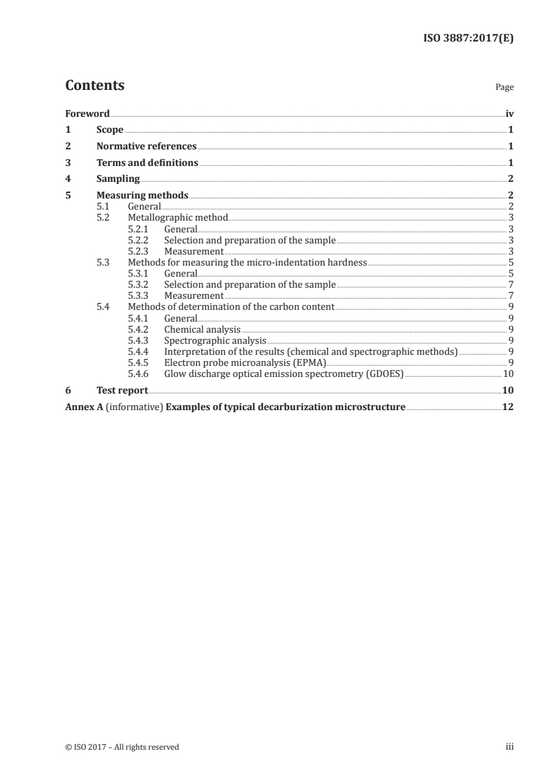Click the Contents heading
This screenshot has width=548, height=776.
point(95,86)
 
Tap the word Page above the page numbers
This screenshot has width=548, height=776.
point(504,88)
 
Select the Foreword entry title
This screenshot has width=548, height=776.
point(87,113)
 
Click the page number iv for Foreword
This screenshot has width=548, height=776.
point(509,113)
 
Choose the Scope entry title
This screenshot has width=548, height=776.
point(110,130)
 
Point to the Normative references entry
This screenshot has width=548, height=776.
point(147,147)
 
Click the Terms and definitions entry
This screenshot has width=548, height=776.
point(147,163)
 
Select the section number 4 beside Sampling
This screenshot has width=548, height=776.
point(68,179)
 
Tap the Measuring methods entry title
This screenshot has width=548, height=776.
point(142,196)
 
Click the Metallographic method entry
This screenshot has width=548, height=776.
point(178,218)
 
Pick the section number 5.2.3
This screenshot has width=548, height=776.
point(141,251)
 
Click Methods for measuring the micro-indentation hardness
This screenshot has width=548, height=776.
point(247,263)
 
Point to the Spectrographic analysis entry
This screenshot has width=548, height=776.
point(215,340)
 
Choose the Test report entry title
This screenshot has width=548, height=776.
point(122,390)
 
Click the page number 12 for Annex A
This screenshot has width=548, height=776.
point(508,407)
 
